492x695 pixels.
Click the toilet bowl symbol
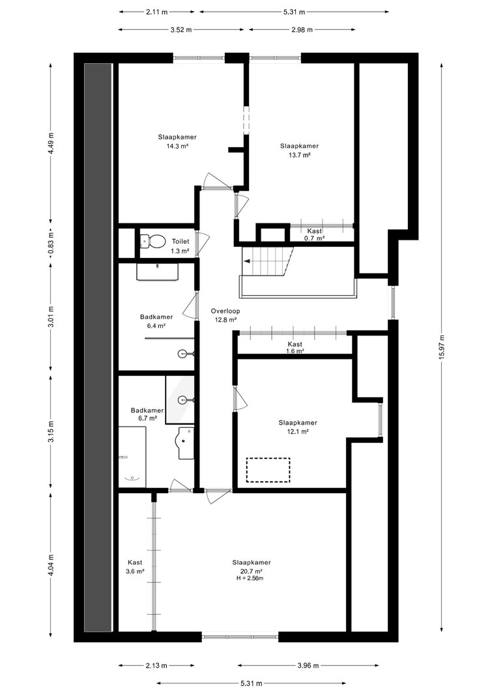pyautogui.click(x=151, y=242)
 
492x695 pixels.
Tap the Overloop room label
pyautogui.click(x=225, y=311)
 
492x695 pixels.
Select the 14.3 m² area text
pyautogui.click(x=177, y=147)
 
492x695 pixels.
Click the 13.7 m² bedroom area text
pyautogui.click(x=299, y=155)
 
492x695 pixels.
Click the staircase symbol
pyautogui.click(x=267, y=261)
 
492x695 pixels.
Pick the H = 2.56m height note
pyautogui.click(x=251, y=578)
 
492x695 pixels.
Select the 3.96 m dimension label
pyautogui.click(x=308, y=665)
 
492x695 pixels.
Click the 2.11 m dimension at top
pyautogui.click(x=157, y=12)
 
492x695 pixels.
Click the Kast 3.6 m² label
pyautogui.click(x=135, y=567)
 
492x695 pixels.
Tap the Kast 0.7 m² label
pyautogui.click(x=315, y=234)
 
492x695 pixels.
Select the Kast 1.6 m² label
pyautogui.click(x=295, y=348)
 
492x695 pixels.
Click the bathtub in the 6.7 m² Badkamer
pyautogui.click(x=132, y=457)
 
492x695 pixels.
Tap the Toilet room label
pyautogui.click(x=181, y=242)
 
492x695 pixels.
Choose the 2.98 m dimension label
pyautogui.click(x=302, y=30)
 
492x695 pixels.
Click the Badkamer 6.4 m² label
pyautogui.click(x=156, y=321)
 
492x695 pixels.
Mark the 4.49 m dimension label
pyautogui.click(x=51, y=143)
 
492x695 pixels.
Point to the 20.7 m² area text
pyautogui.click(x=252, y=571)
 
